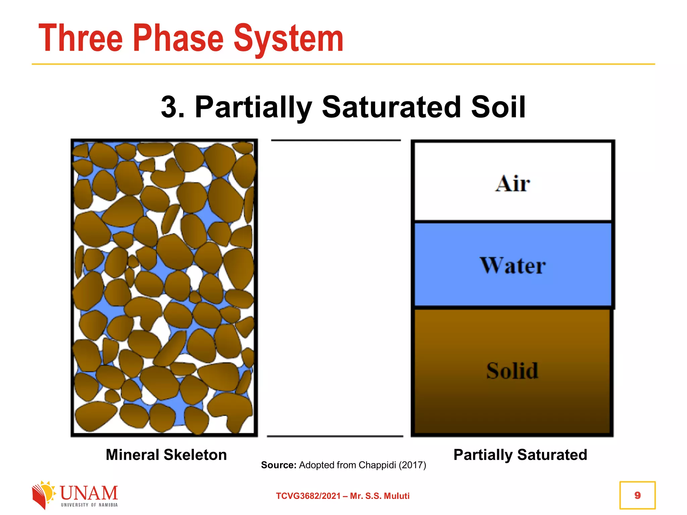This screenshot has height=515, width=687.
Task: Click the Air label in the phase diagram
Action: point(512,184)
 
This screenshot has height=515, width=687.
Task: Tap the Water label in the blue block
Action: point(512,266)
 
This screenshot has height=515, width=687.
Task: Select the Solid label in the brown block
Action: point(512,371)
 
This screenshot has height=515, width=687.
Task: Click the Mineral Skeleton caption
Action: point(166,455)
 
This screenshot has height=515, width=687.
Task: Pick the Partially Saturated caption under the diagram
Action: point(520,455)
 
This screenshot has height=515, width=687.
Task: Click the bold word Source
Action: point(278,465)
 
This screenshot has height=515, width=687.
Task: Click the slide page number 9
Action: point(637,495)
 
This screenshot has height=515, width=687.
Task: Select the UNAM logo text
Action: point(89,493)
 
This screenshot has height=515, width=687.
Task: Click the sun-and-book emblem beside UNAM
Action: point(43,495)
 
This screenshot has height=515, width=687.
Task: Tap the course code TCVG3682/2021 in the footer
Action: point(308,496)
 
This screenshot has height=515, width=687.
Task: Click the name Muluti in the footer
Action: point(397,496)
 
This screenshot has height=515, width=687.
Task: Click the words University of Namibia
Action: point(89,505)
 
